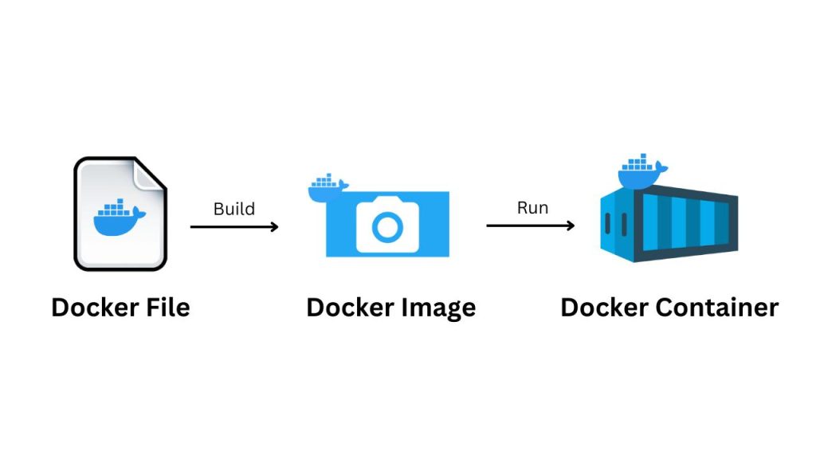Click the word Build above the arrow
click(x=234, y=210)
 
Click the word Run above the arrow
click(x=532, y=208)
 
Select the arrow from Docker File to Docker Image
click(x=233, y=227)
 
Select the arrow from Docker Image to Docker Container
click(x=530, y=226)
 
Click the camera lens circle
click(x=388, y=227)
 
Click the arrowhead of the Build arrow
click(x=274, y=227)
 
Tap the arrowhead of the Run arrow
click(x=570, y=226)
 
